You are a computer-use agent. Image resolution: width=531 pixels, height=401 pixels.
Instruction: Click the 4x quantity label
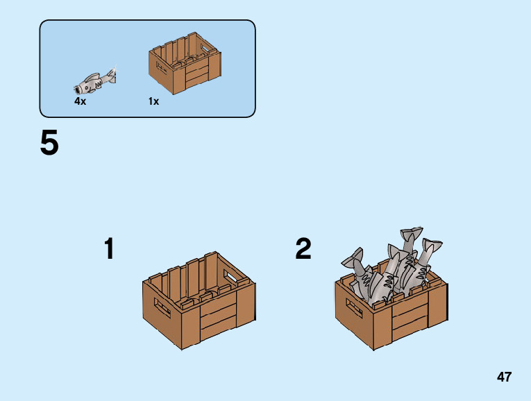pos(80,101)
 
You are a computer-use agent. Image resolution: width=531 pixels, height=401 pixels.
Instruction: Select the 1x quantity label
pos(153,101)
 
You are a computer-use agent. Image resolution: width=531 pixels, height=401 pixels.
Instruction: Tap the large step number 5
pos(49,144)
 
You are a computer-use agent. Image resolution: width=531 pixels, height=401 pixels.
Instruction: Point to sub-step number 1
pos(109,249)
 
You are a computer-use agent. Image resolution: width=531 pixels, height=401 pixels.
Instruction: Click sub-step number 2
pos(303,249)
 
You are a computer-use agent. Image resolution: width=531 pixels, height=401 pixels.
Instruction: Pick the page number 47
pos(504,377)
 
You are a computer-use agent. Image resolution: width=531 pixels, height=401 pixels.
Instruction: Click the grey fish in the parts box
pos(94,81)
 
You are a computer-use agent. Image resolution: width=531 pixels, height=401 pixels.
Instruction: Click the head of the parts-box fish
pos(81,87)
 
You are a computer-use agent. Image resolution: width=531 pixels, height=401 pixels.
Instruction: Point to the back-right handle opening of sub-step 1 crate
pos(228,276)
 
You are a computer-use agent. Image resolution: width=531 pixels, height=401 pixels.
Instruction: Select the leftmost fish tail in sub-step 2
pos(353,259)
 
